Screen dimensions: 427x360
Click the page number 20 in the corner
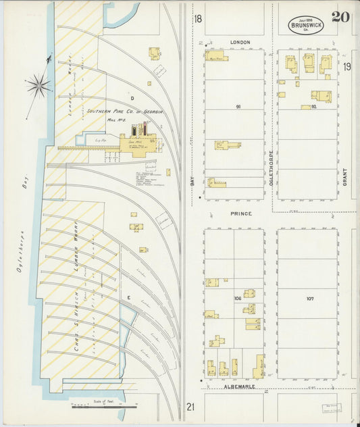click(x=340, y=17)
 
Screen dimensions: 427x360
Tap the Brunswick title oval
click(x=306, y=25)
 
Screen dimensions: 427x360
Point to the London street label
click(x=240, y=42)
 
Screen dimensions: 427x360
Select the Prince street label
click(x=241, y=214)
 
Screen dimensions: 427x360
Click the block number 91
click(x=238, y=107)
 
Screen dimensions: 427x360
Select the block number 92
click(x=313, y=107)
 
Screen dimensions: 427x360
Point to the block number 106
click(x=238, y=298)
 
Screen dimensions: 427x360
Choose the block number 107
click(x=309, y=298)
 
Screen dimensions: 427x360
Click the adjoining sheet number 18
click(x=197, y=19)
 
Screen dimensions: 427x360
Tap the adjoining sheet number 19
click(x=346, y=66)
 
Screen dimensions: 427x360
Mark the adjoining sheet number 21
click(x=190, y=406)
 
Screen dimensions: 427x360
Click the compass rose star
click(x=38, y=84)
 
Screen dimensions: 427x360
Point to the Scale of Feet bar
click(x=105, y=407)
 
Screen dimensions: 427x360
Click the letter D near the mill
click(x=132, y=99)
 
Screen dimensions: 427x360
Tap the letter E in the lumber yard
click(x=126, y=297)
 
